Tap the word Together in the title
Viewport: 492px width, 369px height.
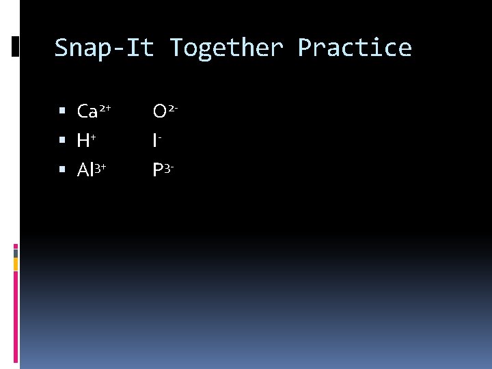coord(226,48)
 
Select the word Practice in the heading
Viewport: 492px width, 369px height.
coord(355,48)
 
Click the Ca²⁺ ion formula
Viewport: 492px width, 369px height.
coord(94,111)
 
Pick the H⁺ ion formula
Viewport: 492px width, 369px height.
coord(86,141)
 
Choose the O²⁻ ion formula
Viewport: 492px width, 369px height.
coord(166,111)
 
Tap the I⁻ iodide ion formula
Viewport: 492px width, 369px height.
coord(157,141)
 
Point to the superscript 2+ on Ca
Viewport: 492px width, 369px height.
coord(106,107)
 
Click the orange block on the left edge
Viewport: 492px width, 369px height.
coord(15,264)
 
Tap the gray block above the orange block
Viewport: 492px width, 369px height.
coord(15,253)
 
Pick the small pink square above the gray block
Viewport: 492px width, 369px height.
coord(15,246)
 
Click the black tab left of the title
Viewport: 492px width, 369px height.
coord(16,46)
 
